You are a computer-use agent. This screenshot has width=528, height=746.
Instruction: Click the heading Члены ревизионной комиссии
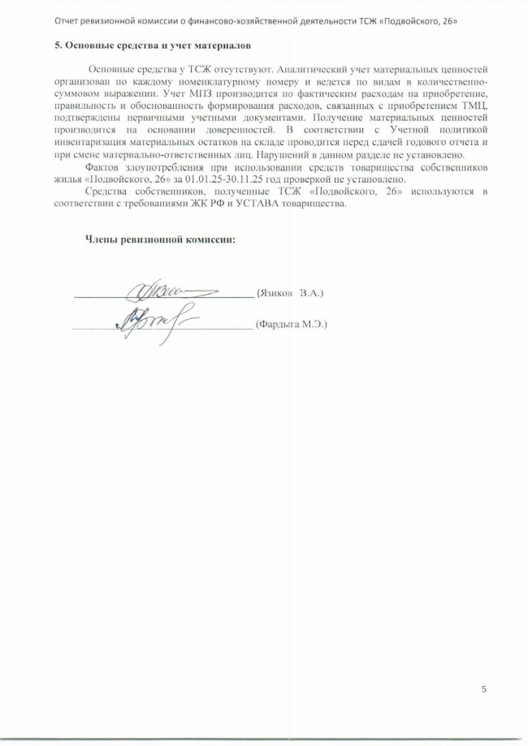pyautogui.click(x=160, y=239)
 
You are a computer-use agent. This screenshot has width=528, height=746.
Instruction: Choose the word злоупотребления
pyautogui.click(x=155, y=168)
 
